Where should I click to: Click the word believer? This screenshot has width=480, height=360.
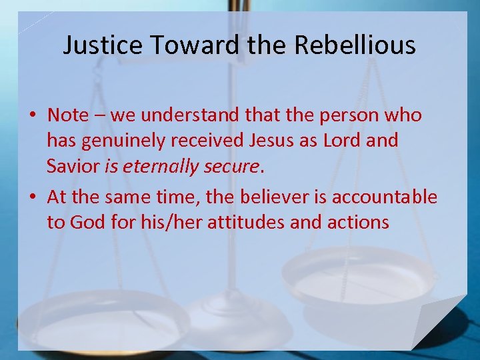279,197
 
